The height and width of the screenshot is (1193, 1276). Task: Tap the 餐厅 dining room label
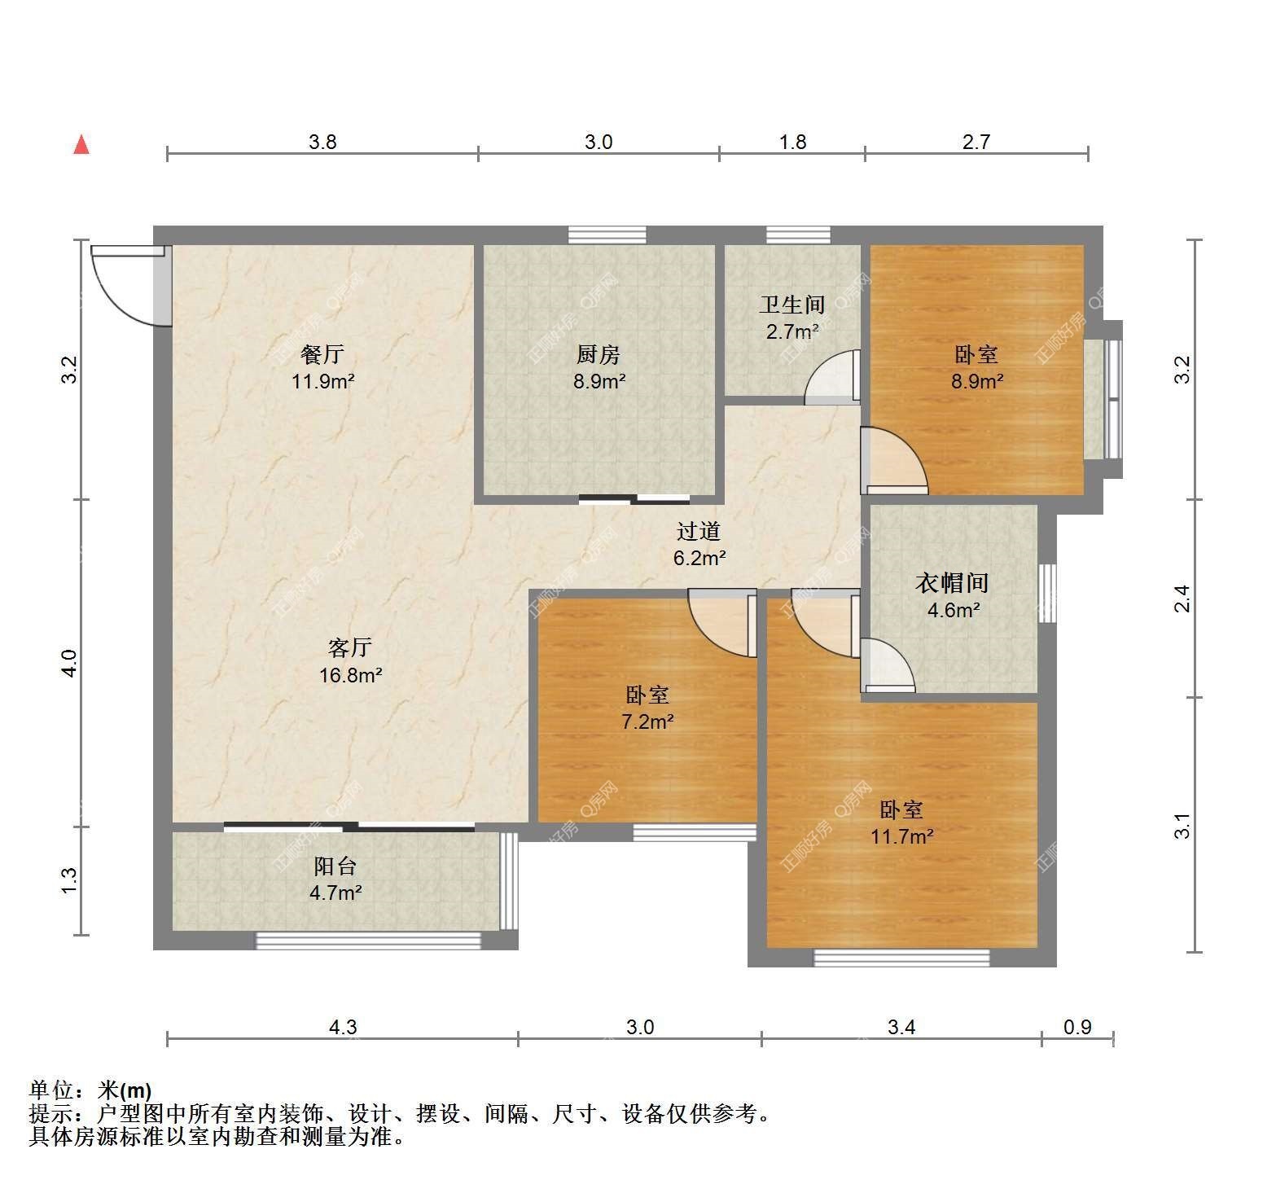click(x=322, y=354)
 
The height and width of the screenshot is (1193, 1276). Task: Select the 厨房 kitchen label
click(x=599, y=354)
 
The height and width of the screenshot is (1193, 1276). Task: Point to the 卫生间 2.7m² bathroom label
click(x=792, y=318)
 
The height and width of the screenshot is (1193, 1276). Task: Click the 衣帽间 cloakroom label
click(x=953, y=583)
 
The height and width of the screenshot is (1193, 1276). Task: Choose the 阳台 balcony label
click(x=335, y=866)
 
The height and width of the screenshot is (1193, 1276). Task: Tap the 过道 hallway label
click(x=699, y=531)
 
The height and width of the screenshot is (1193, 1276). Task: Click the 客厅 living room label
click(x=350, y=647)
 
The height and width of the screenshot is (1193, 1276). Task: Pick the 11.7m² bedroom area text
click(x=901, y=836)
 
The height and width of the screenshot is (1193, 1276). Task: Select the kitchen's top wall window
click(x=607, y=235)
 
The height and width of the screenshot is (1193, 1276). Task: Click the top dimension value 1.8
click(x=792, y=143)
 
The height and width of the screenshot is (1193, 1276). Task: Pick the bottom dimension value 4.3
click(x=343, y=1028)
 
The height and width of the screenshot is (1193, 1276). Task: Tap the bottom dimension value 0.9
click(x=1077, y=1028)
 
